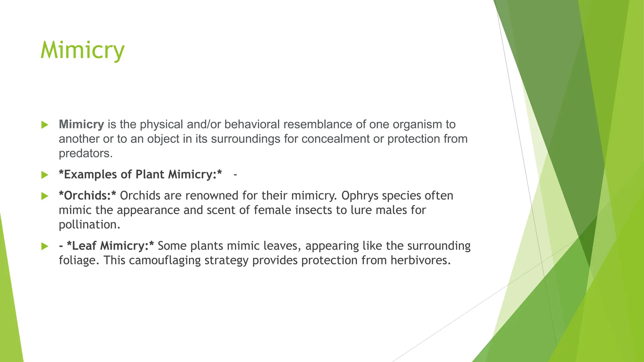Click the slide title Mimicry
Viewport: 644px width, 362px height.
83,50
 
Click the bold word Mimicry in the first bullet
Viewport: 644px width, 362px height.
81,124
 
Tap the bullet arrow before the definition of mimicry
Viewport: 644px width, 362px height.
45,125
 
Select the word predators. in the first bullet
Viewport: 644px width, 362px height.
86,153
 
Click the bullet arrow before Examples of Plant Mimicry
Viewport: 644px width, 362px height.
45,175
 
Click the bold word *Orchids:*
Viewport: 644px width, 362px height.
87,196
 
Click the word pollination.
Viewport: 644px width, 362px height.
89,225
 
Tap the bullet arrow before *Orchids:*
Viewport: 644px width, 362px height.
45,196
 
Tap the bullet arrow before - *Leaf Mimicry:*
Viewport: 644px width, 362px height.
45,246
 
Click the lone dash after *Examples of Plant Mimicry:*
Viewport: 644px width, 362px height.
235,175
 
